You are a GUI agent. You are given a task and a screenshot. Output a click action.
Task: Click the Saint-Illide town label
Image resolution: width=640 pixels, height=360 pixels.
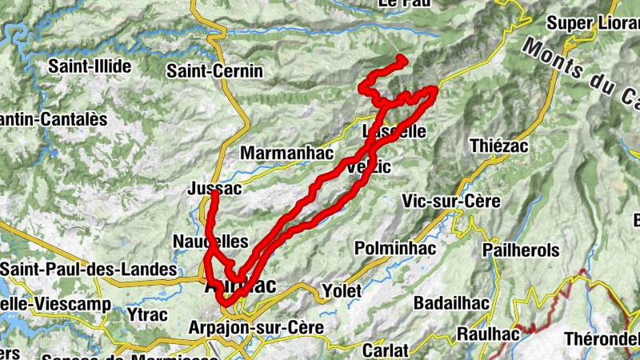(x=90, y=66)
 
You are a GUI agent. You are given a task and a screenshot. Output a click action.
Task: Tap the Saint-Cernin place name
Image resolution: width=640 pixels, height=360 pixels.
(x=214, y=71)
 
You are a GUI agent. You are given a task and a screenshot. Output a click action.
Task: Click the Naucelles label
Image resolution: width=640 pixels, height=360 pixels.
(x=210, y=242)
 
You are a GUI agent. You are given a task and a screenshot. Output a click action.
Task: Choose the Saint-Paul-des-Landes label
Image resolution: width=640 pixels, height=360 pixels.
(x=88, y=268)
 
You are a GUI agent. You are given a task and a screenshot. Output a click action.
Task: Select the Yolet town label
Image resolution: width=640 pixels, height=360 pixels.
(x=342, y=290)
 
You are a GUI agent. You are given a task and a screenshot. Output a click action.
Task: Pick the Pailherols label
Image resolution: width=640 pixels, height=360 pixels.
(x=522, y=250)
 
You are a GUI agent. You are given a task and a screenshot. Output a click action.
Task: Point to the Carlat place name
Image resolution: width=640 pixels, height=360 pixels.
(x=385, y=350)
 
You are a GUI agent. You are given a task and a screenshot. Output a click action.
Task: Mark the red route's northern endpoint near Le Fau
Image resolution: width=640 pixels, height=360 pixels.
(x=402, y=60)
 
